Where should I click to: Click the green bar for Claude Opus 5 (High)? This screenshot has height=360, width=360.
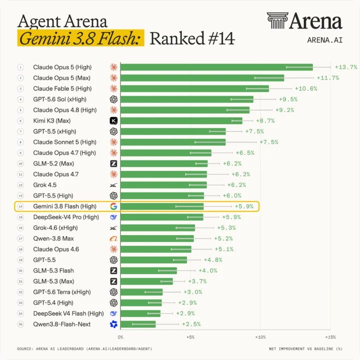click(x=216, y=67)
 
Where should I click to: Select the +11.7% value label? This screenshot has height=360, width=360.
click(x=328, y=78)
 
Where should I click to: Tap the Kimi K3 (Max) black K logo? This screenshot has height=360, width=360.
click(x=113, y=121)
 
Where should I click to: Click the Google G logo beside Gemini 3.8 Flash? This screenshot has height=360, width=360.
click(x=113, y=206)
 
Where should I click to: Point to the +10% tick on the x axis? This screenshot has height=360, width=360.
click(x=260, y=337)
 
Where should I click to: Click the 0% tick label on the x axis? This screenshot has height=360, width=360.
click(x=120, y=337)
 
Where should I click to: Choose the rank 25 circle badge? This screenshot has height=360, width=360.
click(x=20, y=324)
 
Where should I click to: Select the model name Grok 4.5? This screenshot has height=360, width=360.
click(x=45, y=185)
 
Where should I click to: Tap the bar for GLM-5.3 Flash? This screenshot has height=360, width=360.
click(x=148, y=270)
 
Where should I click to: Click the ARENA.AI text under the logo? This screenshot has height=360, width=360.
click(x=324, y=40)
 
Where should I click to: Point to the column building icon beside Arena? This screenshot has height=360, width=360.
click(x=277, y=20)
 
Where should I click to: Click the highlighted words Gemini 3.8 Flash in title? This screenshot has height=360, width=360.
click(x=80, y=38)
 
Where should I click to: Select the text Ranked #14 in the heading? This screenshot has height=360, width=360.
click(x=192, y=38)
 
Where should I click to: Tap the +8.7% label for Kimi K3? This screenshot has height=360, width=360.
click(x=265, y=121)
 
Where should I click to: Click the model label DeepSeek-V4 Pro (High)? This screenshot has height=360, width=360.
click(x=66, y=217)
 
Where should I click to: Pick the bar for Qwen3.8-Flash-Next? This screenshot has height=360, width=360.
click(x=138, y=324)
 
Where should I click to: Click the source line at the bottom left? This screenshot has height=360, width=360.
click(x=84, y=349)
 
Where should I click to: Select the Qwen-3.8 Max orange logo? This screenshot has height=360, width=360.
click(x=113, y=238)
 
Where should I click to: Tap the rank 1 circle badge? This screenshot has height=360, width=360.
click(x=20, y=67)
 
